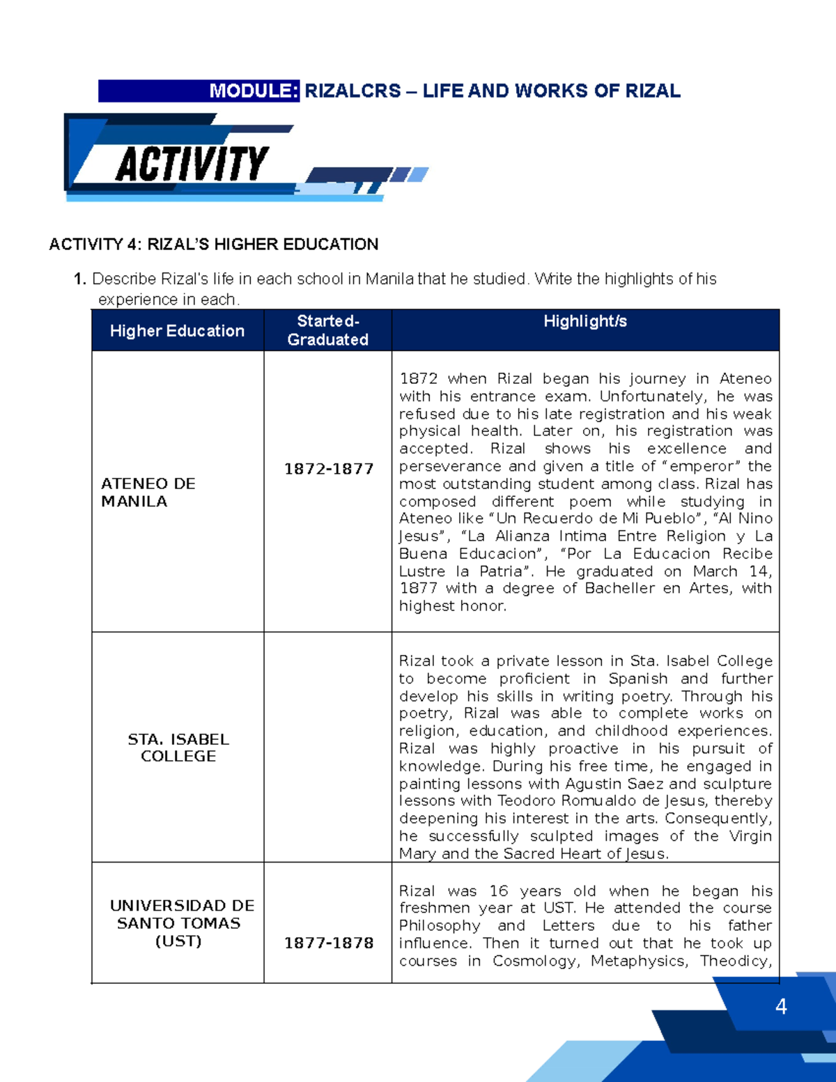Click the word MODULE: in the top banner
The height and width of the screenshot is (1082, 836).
coord(254,91)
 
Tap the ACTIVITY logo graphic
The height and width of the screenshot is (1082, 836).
coord(192,164)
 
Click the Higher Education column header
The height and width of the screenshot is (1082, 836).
coord(177,331)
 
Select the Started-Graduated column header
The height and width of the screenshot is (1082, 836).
coord(327,330)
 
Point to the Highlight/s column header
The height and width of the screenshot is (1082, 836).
coord(585,321)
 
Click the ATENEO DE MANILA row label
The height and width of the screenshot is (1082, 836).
coord(148,493)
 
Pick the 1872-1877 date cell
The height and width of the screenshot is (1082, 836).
coord(328,469)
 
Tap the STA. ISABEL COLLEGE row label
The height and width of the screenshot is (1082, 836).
coord(178,748)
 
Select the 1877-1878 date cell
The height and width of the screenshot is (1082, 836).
coord(328,943)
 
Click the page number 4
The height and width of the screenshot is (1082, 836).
coord(781,1007)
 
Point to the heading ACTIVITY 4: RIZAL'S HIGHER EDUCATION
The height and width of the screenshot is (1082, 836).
coord(213,245)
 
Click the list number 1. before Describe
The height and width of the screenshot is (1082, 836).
coord(79,279)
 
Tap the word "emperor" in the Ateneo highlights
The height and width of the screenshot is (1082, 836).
coord(706,466)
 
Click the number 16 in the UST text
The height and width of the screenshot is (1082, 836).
coord(499,891)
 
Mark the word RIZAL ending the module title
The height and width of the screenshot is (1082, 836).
coord(653,91)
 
